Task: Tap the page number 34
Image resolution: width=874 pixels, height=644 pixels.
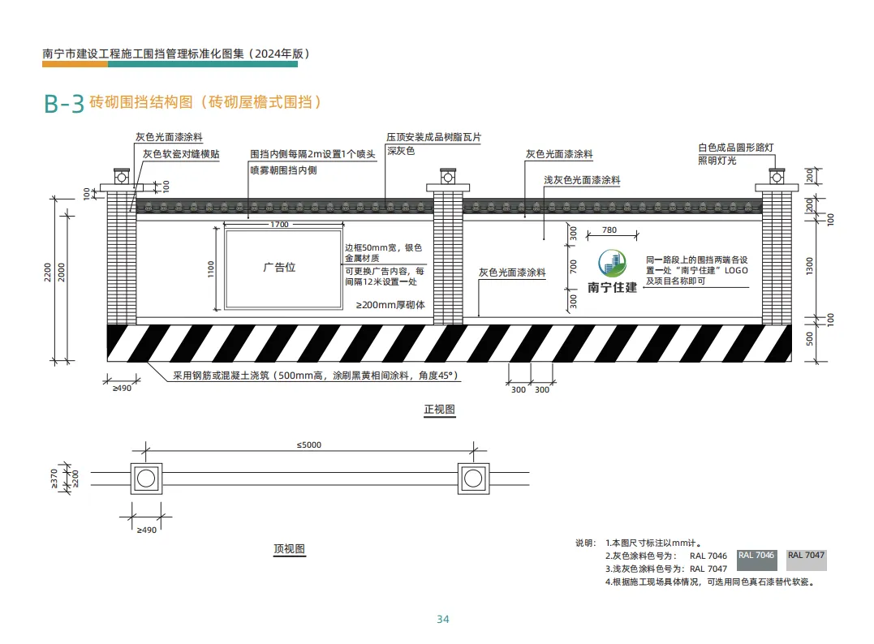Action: point(442,620)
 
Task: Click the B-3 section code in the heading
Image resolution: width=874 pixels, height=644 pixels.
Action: point(64,104)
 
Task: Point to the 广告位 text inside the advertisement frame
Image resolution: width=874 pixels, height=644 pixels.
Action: point(279,268)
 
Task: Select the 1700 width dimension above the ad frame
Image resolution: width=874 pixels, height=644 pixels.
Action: point(279,224)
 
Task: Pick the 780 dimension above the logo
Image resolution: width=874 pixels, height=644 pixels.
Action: point(609,230)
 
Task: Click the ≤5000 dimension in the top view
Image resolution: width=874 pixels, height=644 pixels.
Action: point(309,444)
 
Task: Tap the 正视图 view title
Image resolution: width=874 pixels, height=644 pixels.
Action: point(440,410)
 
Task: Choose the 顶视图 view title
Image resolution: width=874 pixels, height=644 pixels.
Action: point(290,549)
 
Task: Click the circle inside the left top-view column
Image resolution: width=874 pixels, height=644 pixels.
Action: point(146,479)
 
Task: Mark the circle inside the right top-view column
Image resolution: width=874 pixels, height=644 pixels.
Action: point(473,479)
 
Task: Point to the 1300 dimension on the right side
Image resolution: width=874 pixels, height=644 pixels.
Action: point(809,266)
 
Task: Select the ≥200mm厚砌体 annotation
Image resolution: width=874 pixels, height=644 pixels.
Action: point(391,305)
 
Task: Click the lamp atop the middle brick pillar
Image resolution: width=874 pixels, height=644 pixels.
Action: point(446,175)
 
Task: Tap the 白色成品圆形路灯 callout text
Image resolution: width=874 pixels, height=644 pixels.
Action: point(736,148)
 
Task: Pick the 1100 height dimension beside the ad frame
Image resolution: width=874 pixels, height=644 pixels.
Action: point(211,268)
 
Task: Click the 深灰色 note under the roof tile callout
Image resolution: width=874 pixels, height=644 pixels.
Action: point(401,151)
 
